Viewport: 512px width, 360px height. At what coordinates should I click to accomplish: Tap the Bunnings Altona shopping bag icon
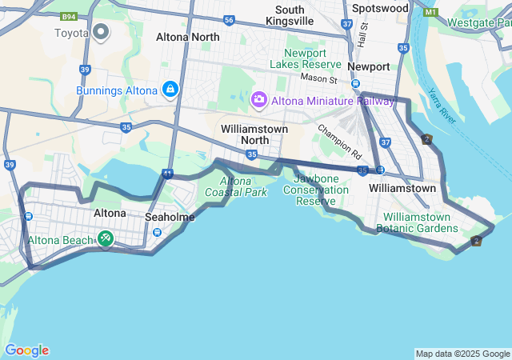(170, 90)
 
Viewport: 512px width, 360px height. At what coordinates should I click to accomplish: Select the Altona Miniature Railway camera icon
(258, 99)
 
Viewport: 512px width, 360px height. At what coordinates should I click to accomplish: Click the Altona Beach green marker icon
(106, 238)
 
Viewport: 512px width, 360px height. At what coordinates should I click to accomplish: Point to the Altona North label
(187, 37)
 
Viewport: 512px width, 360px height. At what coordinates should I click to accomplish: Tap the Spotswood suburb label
(379, 8)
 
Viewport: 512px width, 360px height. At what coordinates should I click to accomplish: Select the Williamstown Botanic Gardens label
(420, 222)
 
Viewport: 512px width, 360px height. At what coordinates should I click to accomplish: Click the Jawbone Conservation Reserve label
(321, 190)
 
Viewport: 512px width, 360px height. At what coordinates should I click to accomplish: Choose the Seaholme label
(170, 217)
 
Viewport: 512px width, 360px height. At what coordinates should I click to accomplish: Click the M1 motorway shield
(431, 13)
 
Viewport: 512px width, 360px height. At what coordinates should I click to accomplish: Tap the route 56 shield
(230, 20)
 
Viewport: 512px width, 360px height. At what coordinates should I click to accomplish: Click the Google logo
(26, 350)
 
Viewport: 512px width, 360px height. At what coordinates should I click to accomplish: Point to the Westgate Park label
(479, 22)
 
